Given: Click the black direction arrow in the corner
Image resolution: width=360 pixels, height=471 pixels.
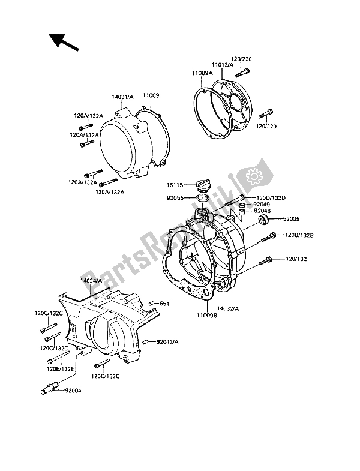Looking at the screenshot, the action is tap(64, 41).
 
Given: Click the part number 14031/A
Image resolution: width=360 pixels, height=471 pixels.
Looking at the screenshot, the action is tap(122, 97).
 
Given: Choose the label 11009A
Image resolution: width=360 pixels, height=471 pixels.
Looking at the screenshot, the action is tap(203, 73).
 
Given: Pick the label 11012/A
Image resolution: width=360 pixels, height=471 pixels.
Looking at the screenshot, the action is tap(223, 65).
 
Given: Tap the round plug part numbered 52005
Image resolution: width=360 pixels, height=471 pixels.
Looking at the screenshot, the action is tap(264, 220).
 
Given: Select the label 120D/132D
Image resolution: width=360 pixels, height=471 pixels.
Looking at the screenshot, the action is tap(271, 198).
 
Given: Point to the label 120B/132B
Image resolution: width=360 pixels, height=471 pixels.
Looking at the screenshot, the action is tap(299, 235).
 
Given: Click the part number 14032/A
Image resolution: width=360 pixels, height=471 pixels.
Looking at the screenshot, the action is tap(228, 308).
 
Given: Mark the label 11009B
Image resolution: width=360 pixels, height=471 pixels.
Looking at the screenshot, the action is tap(207, 316).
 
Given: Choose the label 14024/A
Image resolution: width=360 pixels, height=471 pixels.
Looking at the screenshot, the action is tap(91, 280).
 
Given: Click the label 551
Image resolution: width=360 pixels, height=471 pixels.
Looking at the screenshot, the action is tap(164, 304).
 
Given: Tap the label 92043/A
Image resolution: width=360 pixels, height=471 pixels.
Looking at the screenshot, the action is tap(167, 342).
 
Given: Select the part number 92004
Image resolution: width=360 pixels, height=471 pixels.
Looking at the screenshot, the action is tap(73, 391).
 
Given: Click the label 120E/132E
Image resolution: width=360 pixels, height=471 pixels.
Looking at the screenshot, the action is tap(61, 369).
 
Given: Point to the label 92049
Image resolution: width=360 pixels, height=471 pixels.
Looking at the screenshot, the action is tap(261, 205).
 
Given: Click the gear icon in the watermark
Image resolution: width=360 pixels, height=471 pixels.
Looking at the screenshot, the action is tap(254, 176).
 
